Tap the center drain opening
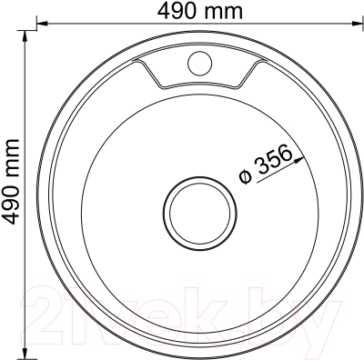point(200,214)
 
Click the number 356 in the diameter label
point(272,161)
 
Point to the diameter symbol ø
point(245,177)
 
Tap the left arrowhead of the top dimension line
point(42,24)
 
